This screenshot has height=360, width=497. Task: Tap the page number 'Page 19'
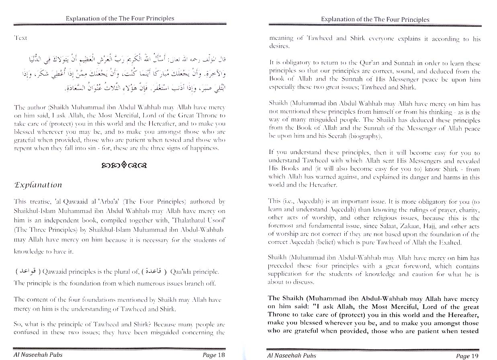(468, 356)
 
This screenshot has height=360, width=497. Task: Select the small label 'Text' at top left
(20, 38)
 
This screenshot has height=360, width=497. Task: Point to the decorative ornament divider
(119, 165)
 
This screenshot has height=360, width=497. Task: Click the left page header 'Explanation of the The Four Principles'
(120, 18)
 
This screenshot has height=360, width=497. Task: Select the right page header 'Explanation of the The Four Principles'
(375, 19)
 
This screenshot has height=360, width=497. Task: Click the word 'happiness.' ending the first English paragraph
(205, 148)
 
